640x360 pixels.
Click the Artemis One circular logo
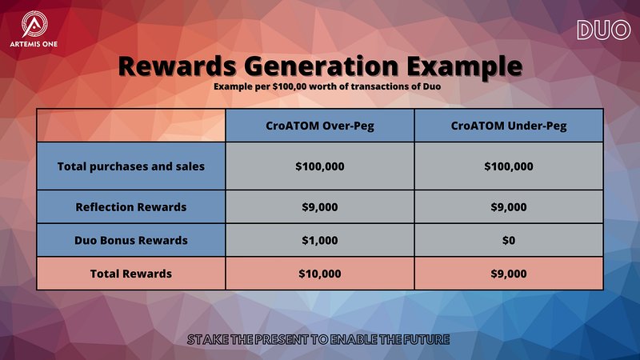click(x=34, y=24)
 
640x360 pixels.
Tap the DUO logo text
click(x=604, y=30)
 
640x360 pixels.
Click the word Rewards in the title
click(x=177, y=66)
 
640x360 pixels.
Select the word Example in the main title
click(x=465, y=66)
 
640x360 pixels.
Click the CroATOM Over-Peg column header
click(x=319, y=126)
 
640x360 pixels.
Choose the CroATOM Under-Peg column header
click(x=509, y=126)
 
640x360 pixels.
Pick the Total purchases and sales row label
click(x=131, y=166)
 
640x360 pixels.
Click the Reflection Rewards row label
click(x=131, y=207)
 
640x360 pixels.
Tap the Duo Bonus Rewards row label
click(x=131, y=241)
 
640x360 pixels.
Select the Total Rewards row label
click(x=131, y=274)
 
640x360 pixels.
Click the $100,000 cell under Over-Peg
click(x=319, y=166)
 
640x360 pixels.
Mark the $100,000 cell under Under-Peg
click(x=509, y=166)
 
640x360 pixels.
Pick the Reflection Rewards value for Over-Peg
click(x=319, y=207)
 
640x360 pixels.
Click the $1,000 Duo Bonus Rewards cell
click(x=319, y=241)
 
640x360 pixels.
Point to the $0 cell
click(x=509, y=241)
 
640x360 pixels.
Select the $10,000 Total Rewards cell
click(x=319, y=274)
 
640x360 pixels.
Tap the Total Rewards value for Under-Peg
click(x=509, y=274)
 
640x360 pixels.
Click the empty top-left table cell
click(x=131, y=126)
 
